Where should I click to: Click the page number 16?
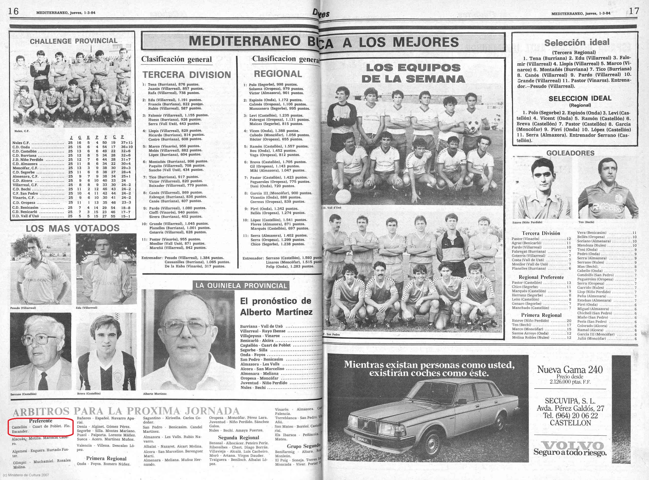(13, 11)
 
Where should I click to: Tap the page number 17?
(634, 11)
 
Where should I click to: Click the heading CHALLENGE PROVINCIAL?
(73, 41)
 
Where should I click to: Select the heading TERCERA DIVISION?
(187, 75)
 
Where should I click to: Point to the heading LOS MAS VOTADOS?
(72, 228)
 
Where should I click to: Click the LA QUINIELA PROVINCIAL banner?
(241, 286)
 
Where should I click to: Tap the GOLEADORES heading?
(570, 153)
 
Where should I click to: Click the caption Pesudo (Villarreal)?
(23, 308)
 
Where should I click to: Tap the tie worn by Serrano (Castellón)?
(43, 381)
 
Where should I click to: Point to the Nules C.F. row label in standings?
(21, 143)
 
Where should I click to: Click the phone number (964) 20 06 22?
(570, 416)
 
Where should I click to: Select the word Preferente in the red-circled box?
(40, 421)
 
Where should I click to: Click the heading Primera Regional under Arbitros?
(106, 459)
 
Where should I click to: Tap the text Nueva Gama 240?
(570, 370)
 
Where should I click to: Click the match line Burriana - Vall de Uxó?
(261, 326)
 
